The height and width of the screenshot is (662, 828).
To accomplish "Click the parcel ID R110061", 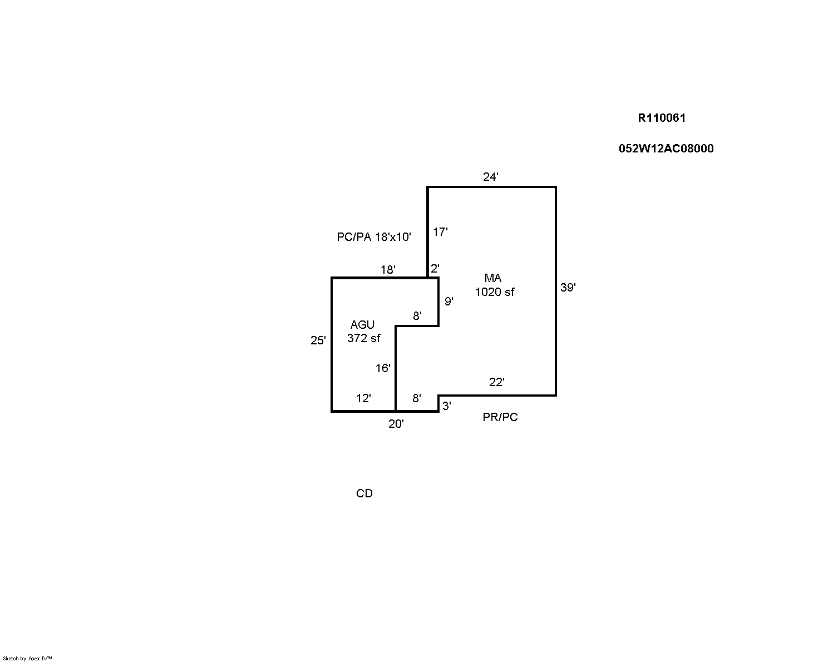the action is click(x=662, y=118).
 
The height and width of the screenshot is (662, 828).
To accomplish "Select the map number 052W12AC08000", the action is click(x=666, y=149).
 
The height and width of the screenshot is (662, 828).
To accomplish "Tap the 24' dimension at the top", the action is click(x=491, y=176).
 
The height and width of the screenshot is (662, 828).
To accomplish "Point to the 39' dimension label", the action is click(x=568, y=288).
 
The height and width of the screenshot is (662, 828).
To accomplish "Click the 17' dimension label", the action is click(x=440, y=232).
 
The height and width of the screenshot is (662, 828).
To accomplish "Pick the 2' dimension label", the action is click(x=435, y=268).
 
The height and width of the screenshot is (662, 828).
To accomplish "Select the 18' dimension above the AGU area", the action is click(x=388, y=270).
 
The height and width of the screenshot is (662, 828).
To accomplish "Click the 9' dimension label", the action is click(x=448, y=301).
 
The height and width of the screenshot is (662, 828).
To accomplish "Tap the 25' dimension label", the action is click(x=318, y=340).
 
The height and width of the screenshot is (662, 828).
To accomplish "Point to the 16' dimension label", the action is click(x=383, y=368).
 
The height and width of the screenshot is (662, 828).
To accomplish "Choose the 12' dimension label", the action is click(x=363, y=398).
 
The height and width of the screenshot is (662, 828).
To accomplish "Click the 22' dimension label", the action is click(x=497, y=382).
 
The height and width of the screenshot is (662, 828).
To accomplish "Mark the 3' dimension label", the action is click(x=447, y=406).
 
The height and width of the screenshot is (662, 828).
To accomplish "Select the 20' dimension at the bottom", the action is click(x=396, y=423).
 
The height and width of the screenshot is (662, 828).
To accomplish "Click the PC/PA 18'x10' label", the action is click(x=374, y=237).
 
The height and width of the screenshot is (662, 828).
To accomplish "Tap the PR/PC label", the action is click(x=500, y=417).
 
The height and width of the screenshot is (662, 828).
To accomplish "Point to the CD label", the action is click(x=364, y=493).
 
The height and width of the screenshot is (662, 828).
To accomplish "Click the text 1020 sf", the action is click(x=495, y=293).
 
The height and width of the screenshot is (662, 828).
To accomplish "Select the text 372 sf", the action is click(x=363, y=338).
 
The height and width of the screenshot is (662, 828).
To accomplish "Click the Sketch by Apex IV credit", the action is click(x=27, y=659).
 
